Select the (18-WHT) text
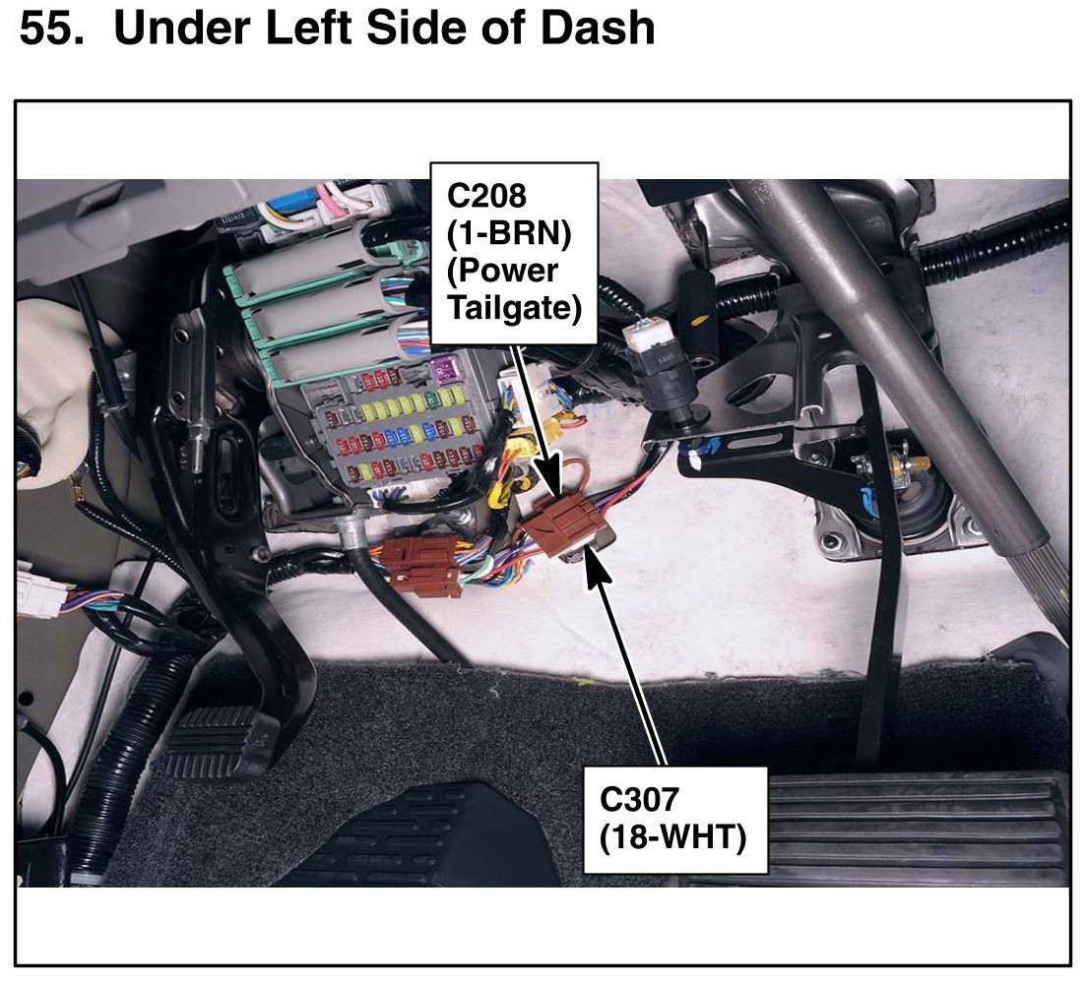tap(673, 838)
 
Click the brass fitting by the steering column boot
tap(898, 456)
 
